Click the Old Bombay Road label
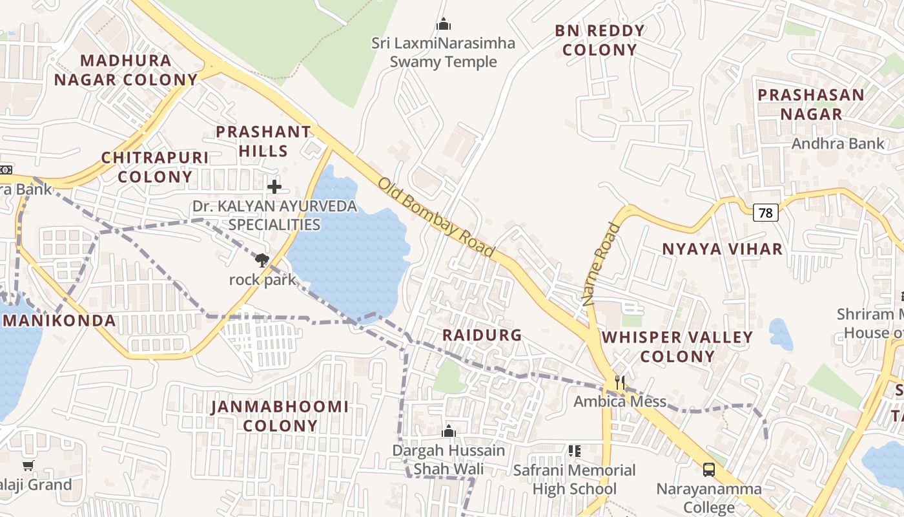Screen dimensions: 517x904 tap(437, 218)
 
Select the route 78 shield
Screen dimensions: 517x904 tap(766, 212)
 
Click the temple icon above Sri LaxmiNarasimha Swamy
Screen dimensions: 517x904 tap(444, 25)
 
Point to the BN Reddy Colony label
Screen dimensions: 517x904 tap(600, 40)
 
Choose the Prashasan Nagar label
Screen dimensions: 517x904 tap(810, 104)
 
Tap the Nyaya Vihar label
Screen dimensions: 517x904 tap(722, 249)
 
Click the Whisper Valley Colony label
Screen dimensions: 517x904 tap(677, 346)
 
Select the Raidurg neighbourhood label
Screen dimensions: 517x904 tap(482, 335)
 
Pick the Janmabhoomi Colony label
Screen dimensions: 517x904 tap(280, 416)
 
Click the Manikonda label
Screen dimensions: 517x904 tap(59, 321)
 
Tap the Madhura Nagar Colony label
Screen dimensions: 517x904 tap(126, 70)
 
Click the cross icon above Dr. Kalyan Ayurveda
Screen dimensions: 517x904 tap(274, 187)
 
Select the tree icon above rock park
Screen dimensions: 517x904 tap(262, 260)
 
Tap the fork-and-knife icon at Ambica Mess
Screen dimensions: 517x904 tap(620, 383)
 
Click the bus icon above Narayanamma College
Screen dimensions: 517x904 tap(708, 470)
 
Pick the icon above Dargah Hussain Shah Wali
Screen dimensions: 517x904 tap(449, 431)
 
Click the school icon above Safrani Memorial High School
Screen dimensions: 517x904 tap(574, 451)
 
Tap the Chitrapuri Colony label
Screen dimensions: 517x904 tap(155, 167)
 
